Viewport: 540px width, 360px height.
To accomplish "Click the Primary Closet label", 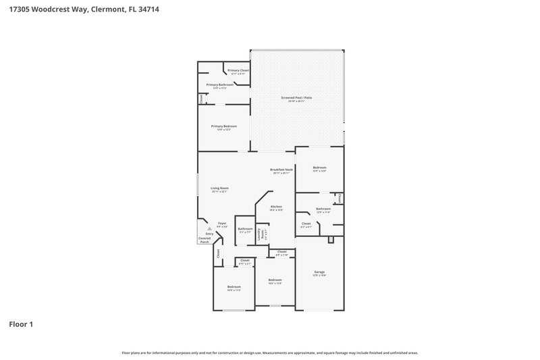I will coord(238,71).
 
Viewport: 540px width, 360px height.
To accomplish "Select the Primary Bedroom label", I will coord(223,126).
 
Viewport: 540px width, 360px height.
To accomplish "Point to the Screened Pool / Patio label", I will coord(296,98).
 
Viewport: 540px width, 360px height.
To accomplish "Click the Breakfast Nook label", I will coord(281,170).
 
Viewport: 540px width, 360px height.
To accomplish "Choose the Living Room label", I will coord(219,188).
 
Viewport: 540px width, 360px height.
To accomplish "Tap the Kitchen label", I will coord(276,207).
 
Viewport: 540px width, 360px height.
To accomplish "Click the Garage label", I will coord(319,272).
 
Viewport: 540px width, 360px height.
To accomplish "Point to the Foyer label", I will coord(222,224).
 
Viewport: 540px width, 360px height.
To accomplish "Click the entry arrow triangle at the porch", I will coord(209,229).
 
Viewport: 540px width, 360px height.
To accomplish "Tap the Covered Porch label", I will coord(204,240).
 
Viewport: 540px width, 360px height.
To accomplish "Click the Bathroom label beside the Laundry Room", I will coord(245,229).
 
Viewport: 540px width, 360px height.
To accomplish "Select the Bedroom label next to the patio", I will coord(319,168).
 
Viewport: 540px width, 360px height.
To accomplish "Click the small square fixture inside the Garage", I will coord(330,240).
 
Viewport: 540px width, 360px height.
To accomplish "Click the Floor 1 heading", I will coord(20,324).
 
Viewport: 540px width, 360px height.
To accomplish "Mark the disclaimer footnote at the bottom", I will coord(270,353).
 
